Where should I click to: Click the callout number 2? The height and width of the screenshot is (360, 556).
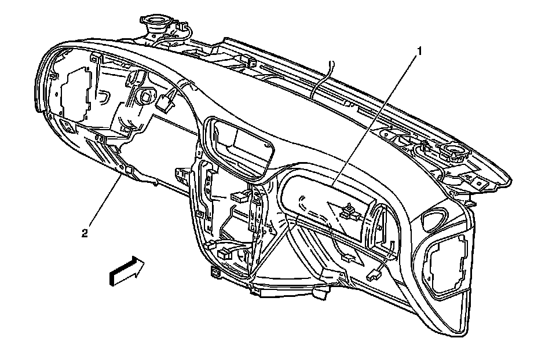[x=85, y=233]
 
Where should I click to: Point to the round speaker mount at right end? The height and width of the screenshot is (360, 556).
[x=453, y=152]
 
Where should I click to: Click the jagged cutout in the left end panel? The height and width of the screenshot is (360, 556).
[x=75, y=93]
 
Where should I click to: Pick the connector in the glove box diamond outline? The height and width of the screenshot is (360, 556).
[x=349, y=212]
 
